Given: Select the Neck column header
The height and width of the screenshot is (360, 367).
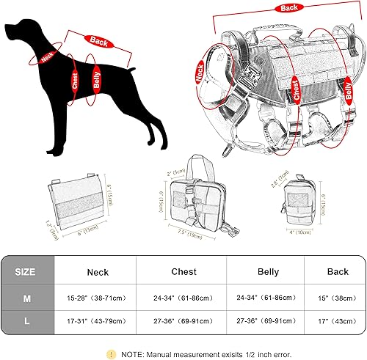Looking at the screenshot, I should point(98,272).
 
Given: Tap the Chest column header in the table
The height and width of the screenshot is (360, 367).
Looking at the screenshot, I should point(183,271).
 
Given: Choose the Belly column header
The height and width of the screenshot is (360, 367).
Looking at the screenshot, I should point(268,271).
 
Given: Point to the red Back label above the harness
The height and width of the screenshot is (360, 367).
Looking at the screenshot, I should point(288,8).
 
